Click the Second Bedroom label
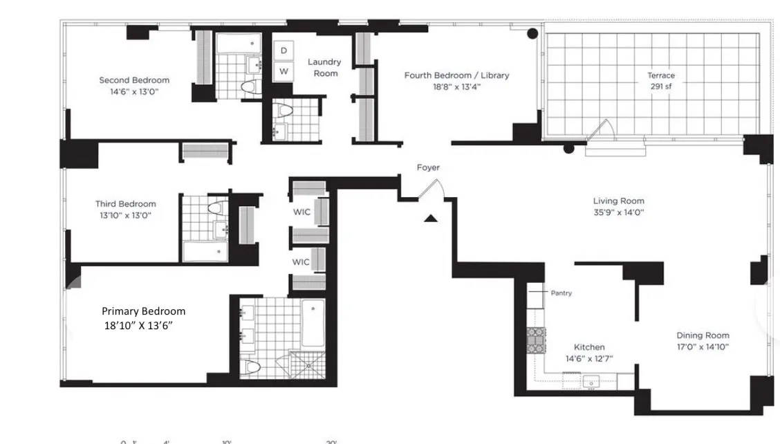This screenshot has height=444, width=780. pos(134,80)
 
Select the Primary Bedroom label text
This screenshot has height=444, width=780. pos(144,311)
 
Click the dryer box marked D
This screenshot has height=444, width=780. pos(284,50)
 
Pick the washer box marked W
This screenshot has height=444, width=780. pos(284,71)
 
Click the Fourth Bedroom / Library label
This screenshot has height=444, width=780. pos(456,75)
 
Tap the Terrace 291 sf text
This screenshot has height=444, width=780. pos(660,81)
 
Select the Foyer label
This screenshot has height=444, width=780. pos(428,167)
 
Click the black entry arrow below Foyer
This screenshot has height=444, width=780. pos(431,219)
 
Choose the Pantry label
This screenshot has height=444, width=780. pos(561,293)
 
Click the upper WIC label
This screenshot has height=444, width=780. pos(301,212)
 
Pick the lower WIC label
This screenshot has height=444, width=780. pos(301,262)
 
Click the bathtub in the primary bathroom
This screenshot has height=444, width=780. pos(313,324)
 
